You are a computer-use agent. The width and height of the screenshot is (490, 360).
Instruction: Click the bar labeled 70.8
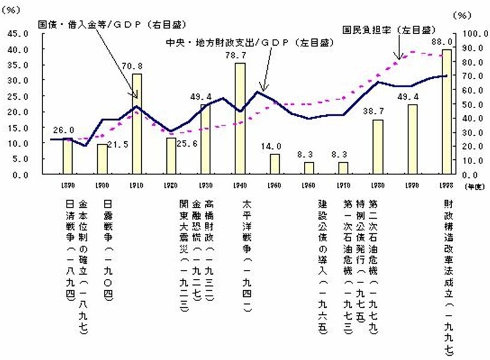[x=137, y=124]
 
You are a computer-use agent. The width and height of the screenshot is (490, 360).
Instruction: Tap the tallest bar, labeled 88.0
[x=446, y=112]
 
